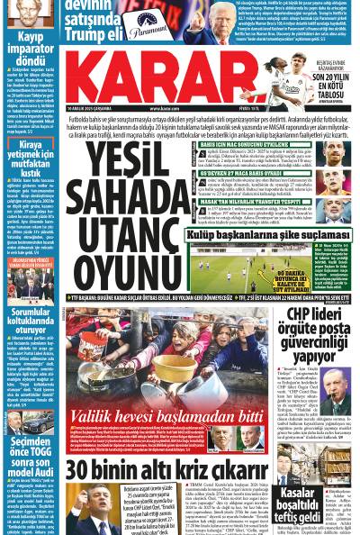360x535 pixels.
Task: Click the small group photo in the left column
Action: click(x=31, y=279)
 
